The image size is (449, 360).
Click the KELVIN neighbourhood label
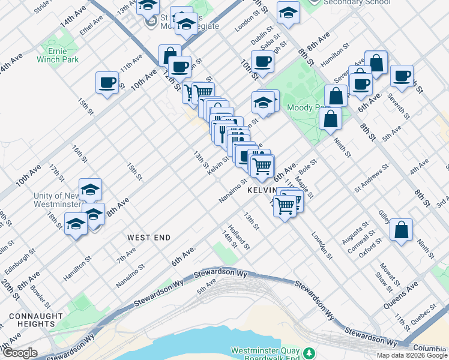point(261,190)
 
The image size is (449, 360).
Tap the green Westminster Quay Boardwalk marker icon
point(309,352)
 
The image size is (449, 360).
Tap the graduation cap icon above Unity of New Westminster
point(90,190)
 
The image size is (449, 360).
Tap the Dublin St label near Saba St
point(262,35)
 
